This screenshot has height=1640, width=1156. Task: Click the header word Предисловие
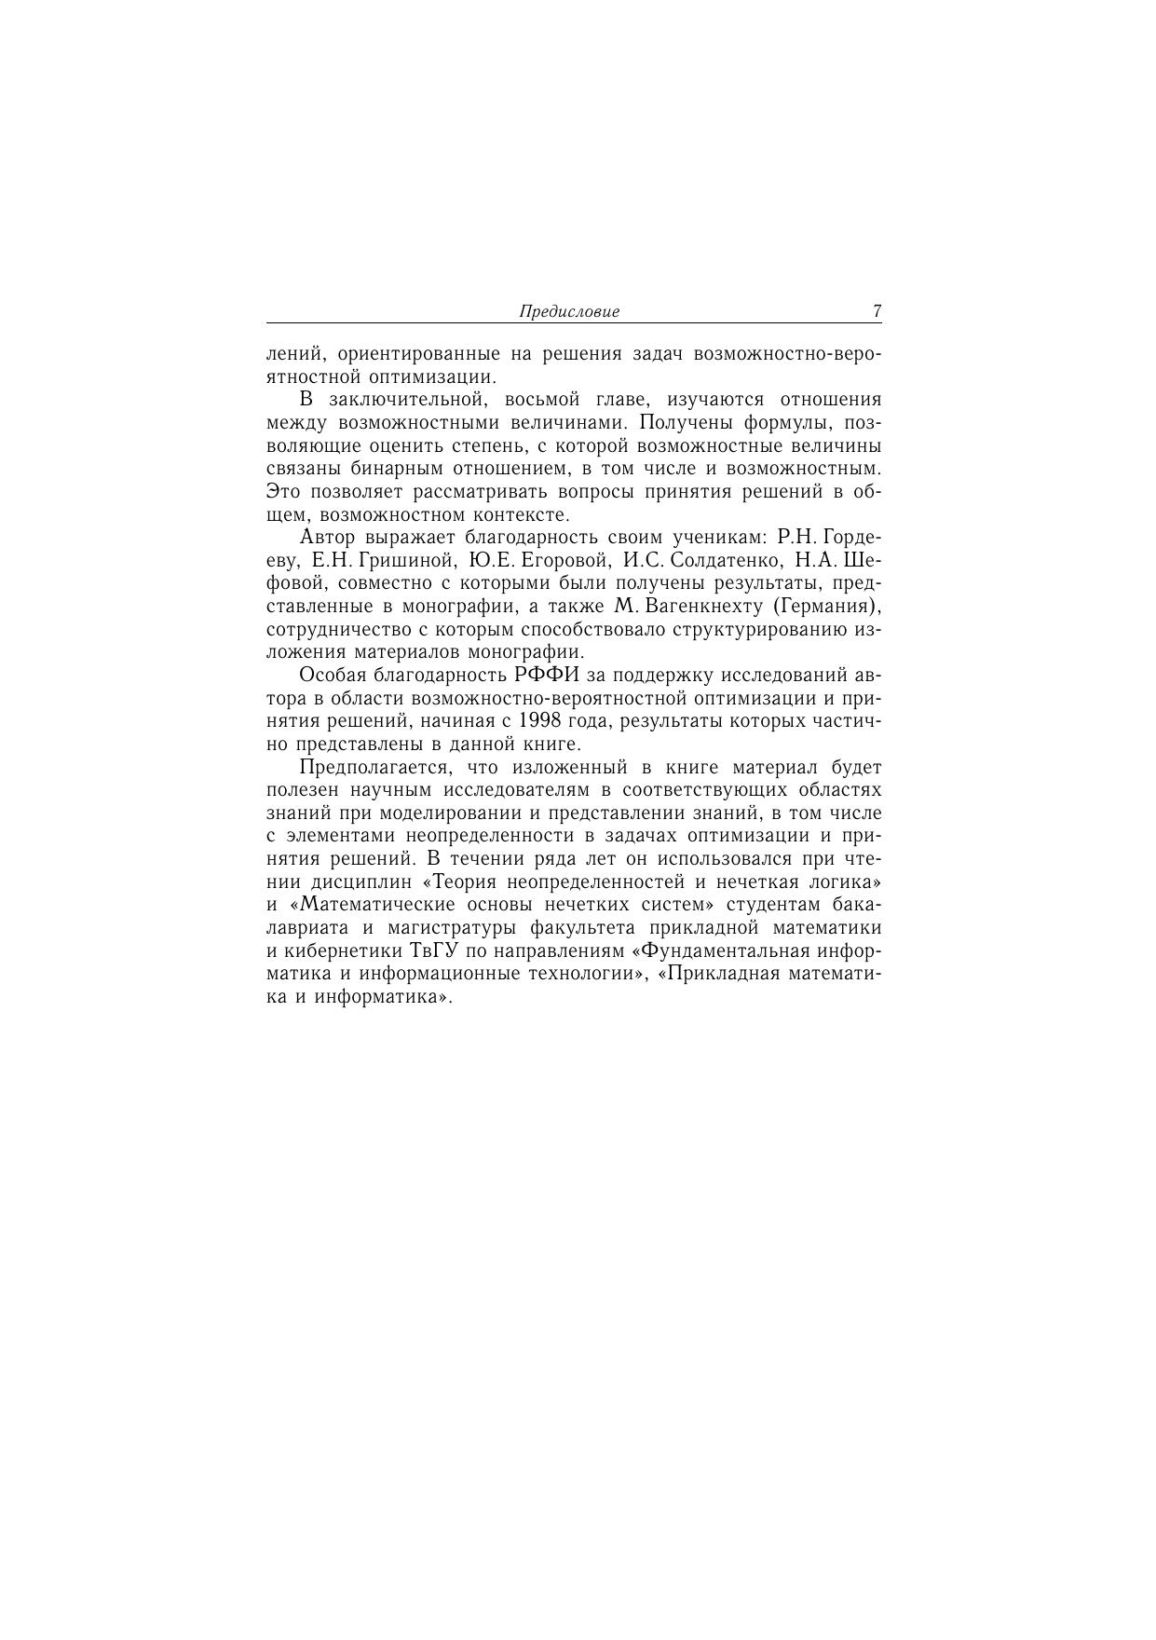click(x=568, y=312)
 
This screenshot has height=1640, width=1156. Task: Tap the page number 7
click(x=877, y=311)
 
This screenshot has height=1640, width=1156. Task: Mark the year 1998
click(x=541, y=720)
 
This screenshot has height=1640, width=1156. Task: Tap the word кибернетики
click(x=336, y=950)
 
